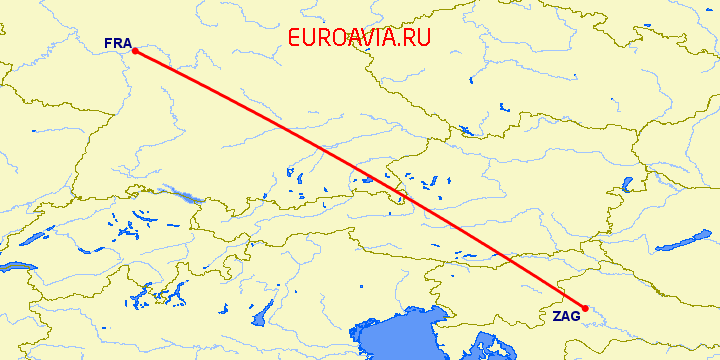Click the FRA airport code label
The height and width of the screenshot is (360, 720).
(x=116, y=43)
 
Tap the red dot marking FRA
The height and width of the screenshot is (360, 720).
(x=134, y=51)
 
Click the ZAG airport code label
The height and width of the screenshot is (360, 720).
(x=565, y=316)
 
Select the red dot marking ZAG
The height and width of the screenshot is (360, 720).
(x=585, y=308)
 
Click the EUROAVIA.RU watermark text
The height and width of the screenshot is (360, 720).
(x=359, y=38)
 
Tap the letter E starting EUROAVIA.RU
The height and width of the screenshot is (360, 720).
(x=294, y=38)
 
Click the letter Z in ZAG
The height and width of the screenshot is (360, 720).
(x=557, y=316)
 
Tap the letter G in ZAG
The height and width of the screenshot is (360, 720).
(x=574, y=316)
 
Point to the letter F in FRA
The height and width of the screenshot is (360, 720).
(x=108, y=43)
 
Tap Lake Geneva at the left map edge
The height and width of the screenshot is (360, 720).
(x=15, y=267)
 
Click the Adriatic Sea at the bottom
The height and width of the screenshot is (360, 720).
(x=400, y=340)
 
